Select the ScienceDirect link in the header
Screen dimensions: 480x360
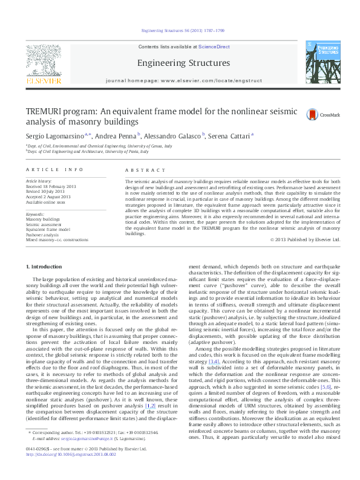click(214, 47)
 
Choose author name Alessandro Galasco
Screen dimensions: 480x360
click(173, 137)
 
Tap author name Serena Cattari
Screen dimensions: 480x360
click(230, 137)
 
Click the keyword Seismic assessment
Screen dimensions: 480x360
click(45, 224)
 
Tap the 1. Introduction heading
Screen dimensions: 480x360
click(46, 267)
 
